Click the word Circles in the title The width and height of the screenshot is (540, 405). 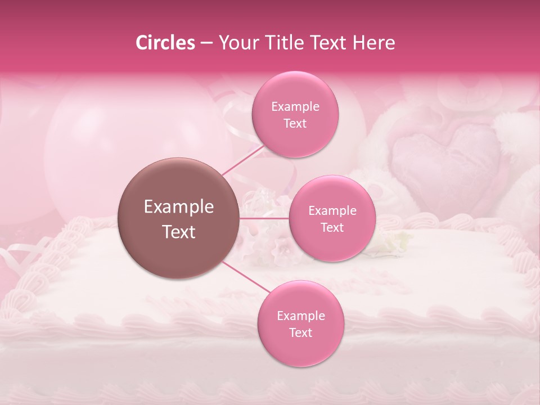pyautogui.click(x=165, y=43)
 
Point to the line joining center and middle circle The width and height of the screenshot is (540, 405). pyautogui.click(x=264, y=218)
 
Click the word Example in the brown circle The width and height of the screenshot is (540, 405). pyautogui.click(x=179, y=207)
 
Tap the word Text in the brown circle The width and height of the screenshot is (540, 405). pyautogui.click(x=179, y=231)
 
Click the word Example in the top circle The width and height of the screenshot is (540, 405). pyautogui.click(x=295, y=106)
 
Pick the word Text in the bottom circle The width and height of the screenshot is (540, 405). pyautogui.click(x=300, y=332)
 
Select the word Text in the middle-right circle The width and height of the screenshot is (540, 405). pyautogui.click(x=332, y=227)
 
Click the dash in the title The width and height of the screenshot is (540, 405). pyautogui.click(x=206, y=43)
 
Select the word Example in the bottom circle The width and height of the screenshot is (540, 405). pyautogui.click(x=300, y=316)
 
